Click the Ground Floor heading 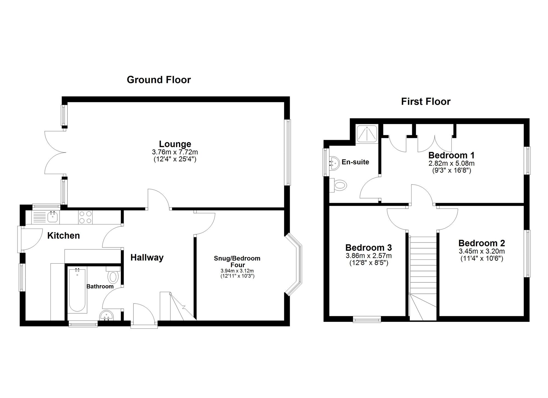point(159,80)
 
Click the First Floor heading point(426,102)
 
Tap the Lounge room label point(175,144)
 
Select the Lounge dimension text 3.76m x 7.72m point(175,152)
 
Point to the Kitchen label point(63,235)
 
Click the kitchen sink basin point(53,217)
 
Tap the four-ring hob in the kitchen point(85,217)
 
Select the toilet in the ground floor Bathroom point(113,275)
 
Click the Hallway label point(147,257)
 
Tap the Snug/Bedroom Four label point(237,261)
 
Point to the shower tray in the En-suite point(367,134)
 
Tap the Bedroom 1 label point(451,155)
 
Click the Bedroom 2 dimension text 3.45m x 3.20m point(482,251)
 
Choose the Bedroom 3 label point(369,247)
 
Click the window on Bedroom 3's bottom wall point(367,319)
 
